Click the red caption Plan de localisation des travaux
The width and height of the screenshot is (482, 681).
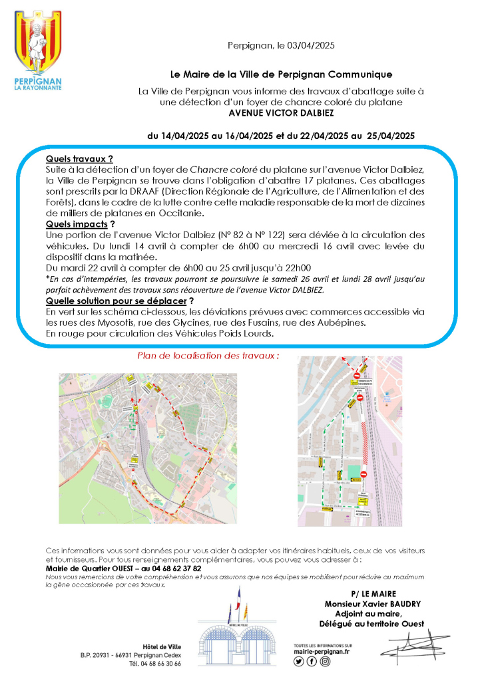pos(208,356)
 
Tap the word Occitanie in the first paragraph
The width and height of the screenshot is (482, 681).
pos(180,213)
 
